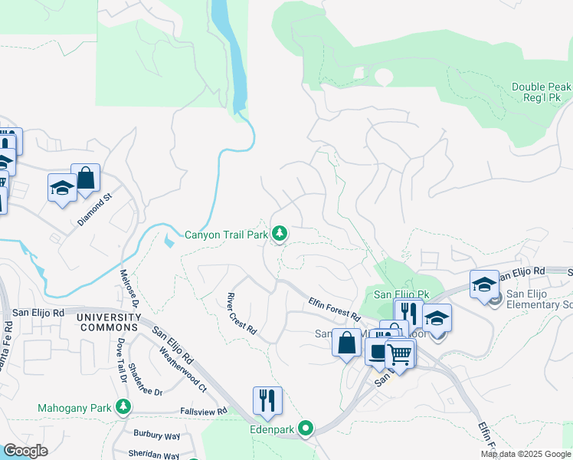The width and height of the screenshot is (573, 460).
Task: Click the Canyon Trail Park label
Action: coord(226,234)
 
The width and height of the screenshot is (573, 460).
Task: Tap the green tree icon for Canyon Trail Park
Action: coord(280,233)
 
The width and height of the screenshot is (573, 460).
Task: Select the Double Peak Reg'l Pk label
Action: coord(541,94)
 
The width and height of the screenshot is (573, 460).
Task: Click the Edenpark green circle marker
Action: coord(306,429)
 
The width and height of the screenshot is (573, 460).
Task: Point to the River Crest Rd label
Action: coord(241,314)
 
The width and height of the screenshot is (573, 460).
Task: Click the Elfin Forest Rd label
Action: coord(335,308)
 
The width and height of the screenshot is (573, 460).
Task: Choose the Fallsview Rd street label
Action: coord(201,412)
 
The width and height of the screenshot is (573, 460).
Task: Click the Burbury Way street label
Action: coord(157,435)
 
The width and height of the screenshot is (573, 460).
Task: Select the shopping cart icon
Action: coord(399,353)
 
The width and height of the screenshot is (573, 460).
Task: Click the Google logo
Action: coord(26,451)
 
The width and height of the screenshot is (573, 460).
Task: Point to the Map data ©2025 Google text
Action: coord(525,454)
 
